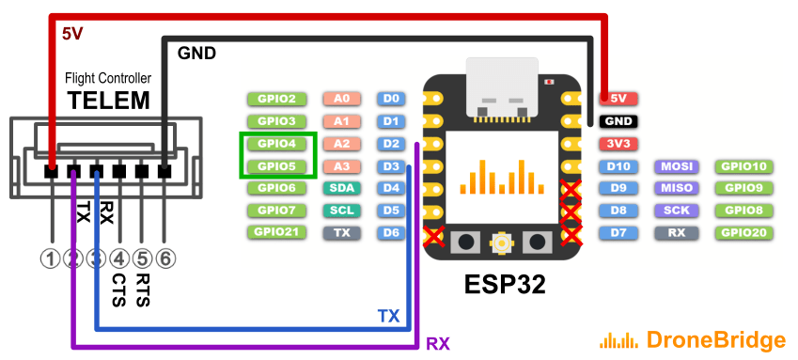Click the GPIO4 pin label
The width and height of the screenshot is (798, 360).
276,144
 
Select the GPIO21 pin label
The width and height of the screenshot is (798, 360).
276,232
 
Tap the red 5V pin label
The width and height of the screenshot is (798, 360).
618,98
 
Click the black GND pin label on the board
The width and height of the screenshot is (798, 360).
618,121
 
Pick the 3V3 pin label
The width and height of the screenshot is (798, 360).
618,144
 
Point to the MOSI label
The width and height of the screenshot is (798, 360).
676,166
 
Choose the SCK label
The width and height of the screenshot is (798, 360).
676,211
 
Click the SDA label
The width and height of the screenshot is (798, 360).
341,188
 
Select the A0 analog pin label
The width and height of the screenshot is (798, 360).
341,98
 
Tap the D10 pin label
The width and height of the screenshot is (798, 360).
618,166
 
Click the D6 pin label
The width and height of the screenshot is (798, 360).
392,232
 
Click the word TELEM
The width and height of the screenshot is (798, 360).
107,100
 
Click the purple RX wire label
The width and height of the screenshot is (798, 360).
438,344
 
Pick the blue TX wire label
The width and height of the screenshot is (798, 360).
388,316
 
